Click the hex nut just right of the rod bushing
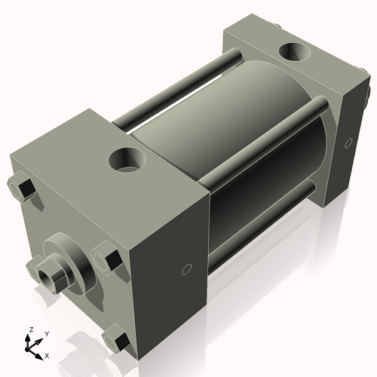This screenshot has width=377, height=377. (x=107, y=259)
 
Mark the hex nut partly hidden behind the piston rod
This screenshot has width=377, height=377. (x=35, y=265)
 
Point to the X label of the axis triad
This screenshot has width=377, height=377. (x=47, y=354)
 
